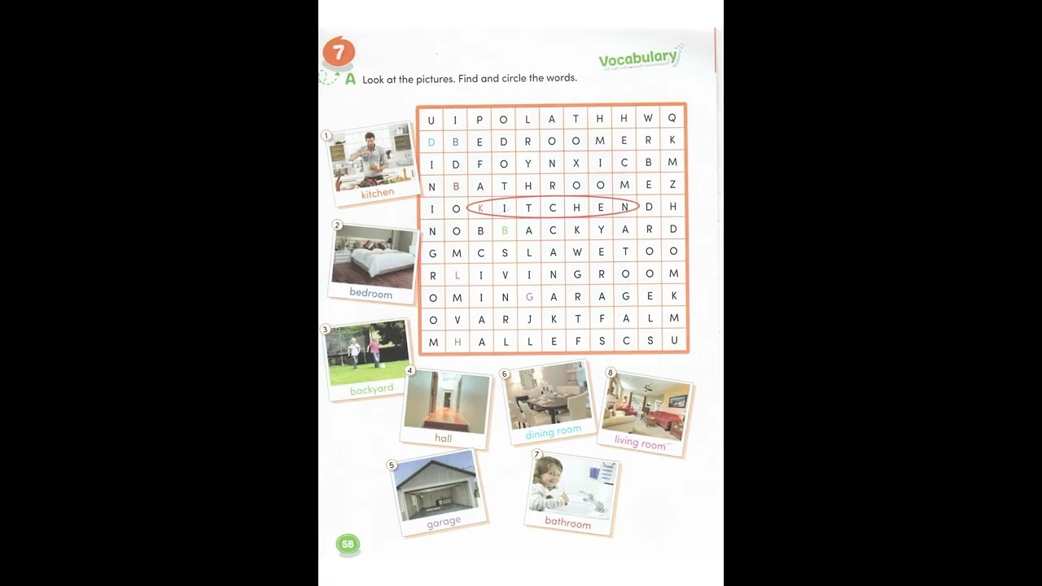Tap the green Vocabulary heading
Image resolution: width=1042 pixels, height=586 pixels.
tap(638, 58)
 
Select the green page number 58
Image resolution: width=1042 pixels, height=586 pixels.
tap(348, 544)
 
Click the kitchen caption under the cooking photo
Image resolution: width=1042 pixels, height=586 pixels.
tap(377, 194)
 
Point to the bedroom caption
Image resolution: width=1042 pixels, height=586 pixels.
tap(370, 293)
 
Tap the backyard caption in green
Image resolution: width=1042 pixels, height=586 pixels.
tap(371, 390)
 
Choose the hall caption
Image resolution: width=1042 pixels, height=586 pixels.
tap(443, 438)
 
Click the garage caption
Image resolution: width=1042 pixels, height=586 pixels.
tap(444, 522)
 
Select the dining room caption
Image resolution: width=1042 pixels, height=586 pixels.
tap(554, 431)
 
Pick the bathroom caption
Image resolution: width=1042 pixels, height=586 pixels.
tap(567, 523)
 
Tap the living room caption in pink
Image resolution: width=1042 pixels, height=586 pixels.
tap(640, 442)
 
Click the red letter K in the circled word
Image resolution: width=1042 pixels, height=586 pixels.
tap(480, 208)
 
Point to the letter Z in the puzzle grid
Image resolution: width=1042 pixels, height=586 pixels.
tap(672, 185)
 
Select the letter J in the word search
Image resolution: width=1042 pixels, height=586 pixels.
tap(528, 319)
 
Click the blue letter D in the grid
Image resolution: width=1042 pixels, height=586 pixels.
tap(431, 142)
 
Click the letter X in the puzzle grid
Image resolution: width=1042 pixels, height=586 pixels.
tap(576, 163)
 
